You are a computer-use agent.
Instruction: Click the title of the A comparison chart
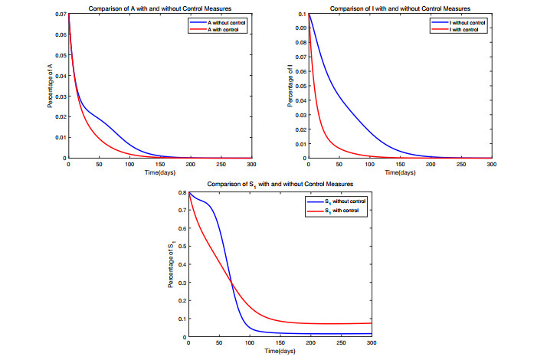click(159, 8)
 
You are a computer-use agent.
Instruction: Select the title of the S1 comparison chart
click(280, 186)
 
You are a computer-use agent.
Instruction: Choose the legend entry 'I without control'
click(460, 21)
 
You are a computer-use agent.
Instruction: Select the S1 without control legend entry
click(340, 201)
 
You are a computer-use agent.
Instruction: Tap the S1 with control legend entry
click(337, 210)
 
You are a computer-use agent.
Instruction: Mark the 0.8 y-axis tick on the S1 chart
click(181, 193)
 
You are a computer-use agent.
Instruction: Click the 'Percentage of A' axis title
click(51, 87)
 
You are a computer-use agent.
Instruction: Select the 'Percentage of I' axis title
click(290, 87)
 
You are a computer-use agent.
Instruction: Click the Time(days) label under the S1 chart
click(280, 352)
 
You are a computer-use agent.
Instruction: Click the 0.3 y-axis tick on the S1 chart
click(181, 283)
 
